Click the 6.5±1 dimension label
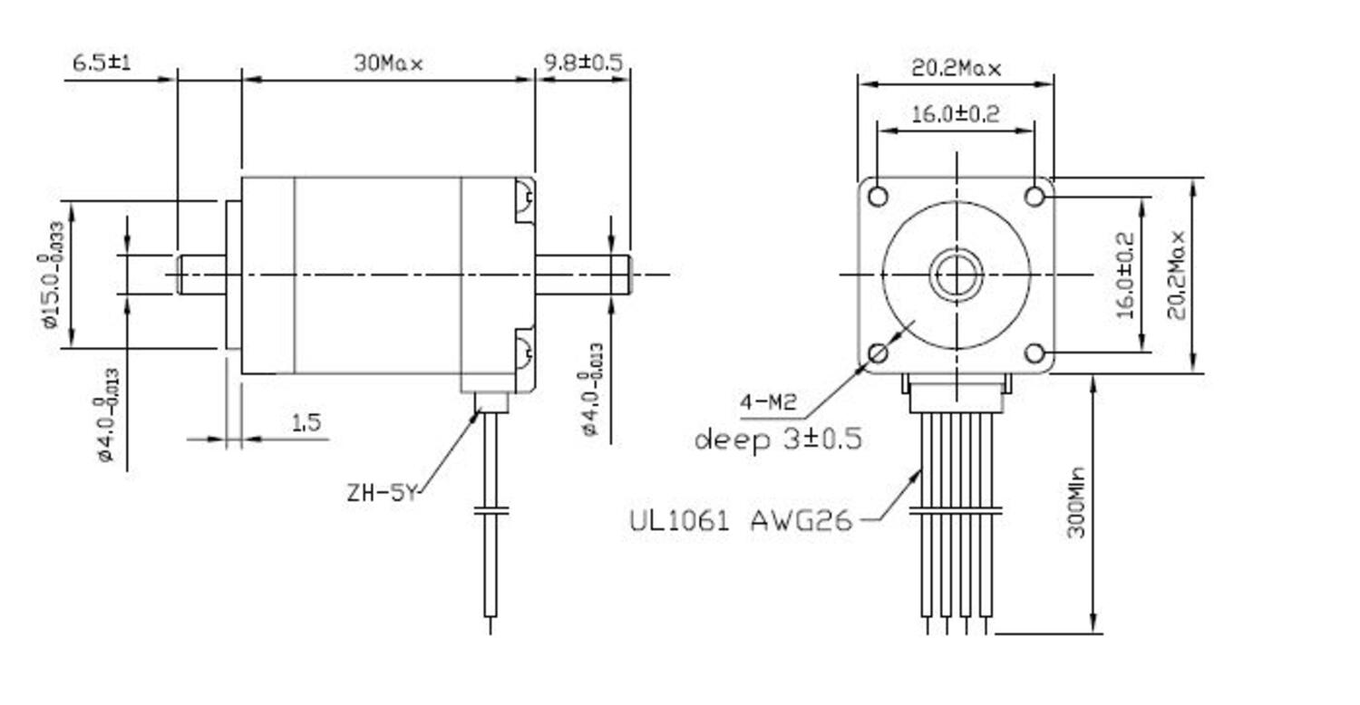pos(102,63)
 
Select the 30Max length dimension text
pos(388,63)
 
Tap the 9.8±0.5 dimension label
pos(583,63)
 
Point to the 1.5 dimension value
pos(306,422)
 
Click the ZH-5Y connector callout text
pos(382,494)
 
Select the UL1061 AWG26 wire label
pos(741,521)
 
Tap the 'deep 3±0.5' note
pos(778,440)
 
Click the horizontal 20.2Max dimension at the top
pos(956,68)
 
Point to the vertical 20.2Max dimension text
pos(1176,275)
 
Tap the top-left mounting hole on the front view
pos(878,196)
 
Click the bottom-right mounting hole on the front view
pos(1037,352)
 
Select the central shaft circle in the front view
pos(957,275)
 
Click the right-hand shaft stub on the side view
pos(583,275)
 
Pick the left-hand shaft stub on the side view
pos(201,275)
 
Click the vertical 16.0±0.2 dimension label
pos(1125,275)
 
